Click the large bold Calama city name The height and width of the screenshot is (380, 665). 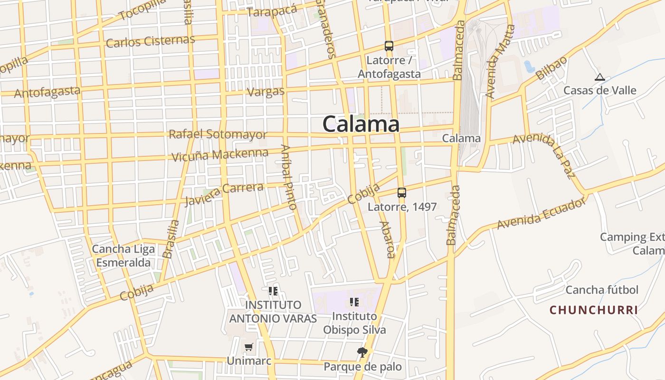[x=361, y=124]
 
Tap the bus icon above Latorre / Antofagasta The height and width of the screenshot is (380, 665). [x=389, y=46]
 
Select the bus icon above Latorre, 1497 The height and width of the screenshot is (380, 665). [x=402, y=193]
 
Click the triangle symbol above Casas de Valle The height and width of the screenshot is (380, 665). [x=600, y=77]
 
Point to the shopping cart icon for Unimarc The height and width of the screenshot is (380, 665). [x=248, y=347]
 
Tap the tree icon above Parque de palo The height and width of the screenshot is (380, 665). [x=362, y=352]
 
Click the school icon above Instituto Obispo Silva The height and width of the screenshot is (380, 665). [x=354, y=302]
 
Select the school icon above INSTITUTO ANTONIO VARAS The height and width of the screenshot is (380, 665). [x=273, y=291]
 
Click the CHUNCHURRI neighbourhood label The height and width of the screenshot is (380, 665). [x=594, y=310]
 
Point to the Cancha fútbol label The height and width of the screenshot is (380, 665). [x=602, y=290]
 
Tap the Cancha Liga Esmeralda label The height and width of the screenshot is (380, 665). [x=121, y=256]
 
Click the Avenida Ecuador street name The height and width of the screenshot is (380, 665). [x=541, y=214]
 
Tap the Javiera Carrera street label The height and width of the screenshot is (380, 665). [x=224, y=194]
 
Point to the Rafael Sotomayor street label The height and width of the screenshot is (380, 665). [x=218, y=134]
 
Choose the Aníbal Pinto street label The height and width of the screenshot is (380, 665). [x=288, y=177]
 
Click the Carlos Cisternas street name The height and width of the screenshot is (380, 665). [x=150, y=41]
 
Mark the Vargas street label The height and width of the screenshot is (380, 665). [x=266, y=92]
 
